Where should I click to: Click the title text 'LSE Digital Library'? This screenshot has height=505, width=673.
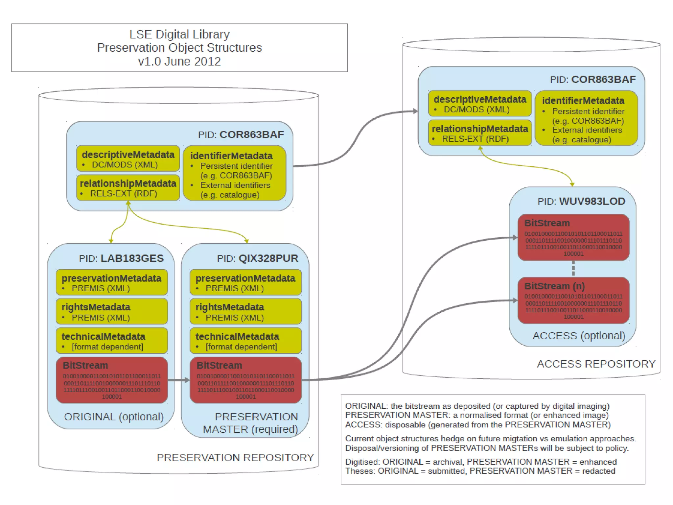click(179, 34)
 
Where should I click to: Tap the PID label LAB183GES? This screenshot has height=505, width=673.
click(121, 258)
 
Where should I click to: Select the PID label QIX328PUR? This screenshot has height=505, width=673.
click(258, 258)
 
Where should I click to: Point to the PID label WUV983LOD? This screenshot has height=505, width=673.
click(581, 201)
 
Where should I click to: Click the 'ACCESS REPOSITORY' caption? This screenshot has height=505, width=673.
click(596, 364)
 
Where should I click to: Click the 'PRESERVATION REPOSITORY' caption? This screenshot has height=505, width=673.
click(235, 457)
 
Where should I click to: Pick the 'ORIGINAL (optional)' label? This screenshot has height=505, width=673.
click(114, 417)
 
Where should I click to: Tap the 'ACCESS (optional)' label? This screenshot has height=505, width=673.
click(579, 336)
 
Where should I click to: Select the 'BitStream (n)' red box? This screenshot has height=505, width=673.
click(573, 301)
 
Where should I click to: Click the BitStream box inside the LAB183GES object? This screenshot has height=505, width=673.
click(112, 380)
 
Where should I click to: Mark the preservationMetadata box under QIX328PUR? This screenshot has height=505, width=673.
click(245, 282)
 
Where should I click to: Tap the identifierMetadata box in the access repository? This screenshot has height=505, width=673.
click(586, 119)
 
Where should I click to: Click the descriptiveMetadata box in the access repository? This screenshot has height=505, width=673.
click(480, 104)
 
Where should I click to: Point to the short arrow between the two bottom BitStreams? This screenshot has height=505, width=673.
click(178, 380)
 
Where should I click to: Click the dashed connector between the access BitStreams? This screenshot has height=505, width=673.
click(573, 269)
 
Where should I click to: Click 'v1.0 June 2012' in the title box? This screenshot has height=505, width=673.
click(179, 61)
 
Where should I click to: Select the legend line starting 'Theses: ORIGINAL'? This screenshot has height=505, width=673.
click(480, 471)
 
